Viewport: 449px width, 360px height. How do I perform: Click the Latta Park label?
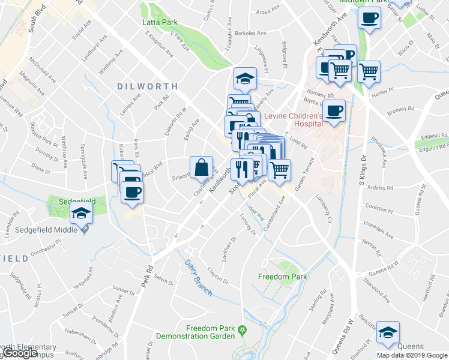pos(160,22)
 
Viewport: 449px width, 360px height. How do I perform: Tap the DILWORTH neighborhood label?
pos(147,86)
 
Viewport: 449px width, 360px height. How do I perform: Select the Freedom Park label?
pos(283,277)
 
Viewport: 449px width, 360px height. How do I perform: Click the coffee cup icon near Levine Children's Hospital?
pos(336,110)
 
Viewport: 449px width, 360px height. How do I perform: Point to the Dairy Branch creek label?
pos(194,265)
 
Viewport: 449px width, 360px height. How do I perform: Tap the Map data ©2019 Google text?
pos(412,355)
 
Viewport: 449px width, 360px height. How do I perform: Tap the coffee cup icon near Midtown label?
pos(369,17)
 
